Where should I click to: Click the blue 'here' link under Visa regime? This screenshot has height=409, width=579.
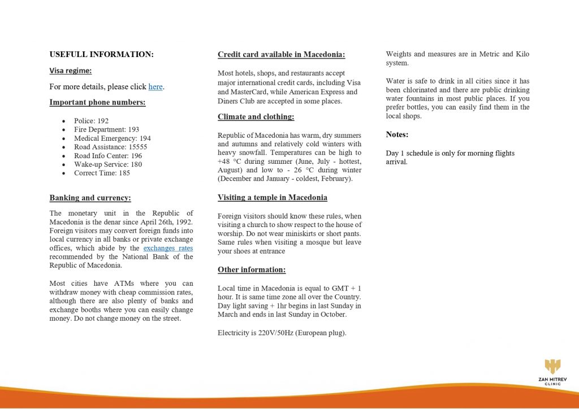point(155,87)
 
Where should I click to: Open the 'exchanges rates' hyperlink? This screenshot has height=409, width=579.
point(168,248)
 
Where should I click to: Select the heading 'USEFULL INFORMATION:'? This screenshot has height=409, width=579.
point(102,55)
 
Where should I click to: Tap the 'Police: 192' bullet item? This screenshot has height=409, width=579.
point(91,121)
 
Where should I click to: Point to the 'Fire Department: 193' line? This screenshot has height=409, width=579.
point(106,129)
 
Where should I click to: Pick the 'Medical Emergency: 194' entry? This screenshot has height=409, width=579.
point(112,138)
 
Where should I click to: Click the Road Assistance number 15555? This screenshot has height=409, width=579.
point(138,147)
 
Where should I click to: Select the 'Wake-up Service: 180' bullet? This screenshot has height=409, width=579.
point(108,164)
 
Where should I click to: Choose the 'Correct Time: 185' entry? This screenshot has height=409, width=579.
point(102,173)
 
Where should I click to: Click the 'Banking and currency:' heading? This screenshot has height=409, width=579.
point(90,198)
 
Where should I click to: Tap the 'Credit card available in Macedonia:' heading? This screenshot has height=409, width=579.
point(281,55)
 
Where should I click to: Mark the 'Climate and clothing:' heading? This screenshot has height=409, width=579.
point(256,117)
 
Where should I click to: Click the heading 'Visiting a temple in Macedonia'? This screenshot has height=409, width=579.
point(273,198)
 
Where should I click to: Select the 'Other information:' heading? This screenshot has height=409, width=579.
point(252,270)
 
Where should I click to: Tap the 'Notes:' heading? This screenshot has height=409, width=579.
point(397,134)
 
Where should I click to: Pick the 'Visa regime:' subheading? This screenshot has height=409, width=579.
point(71,71)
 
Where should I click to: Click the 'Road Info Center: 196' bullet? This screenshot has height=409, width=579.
point(108,156)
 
